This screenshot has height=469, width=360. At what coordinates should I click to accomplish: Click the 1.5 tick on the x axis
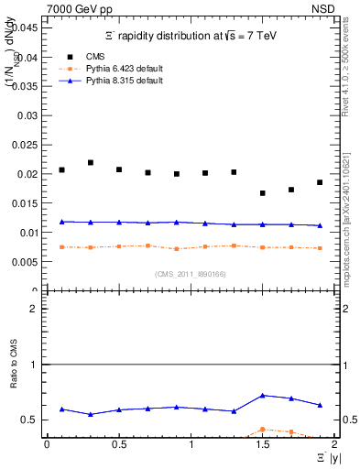point(263,444)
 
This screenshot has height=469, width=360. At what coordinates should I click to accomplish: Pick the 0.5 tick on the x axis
point(119,444)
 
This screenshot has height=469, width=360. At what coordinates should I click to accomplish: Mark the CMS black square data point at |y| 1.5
point(263,193)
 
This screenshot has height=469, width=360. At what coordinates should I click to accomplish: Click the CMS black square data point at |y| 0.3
point(91,162)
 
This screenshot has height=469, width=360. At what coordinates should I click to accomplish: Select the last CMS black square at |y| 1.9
point(320,182)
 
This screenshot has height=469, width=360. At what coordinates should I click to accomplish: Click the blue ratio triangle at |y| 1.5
point(263,396)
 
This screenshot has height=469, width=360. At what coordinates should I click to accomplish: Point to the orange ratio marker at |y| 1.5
point(263,429)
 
